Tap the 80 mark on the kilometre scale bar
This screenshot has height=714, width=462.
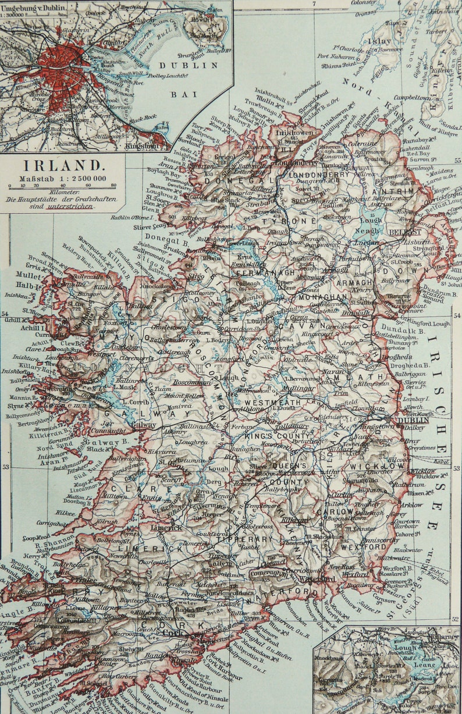(113, 186)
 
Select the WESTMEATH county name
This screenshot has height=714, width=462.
(272, 402)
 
